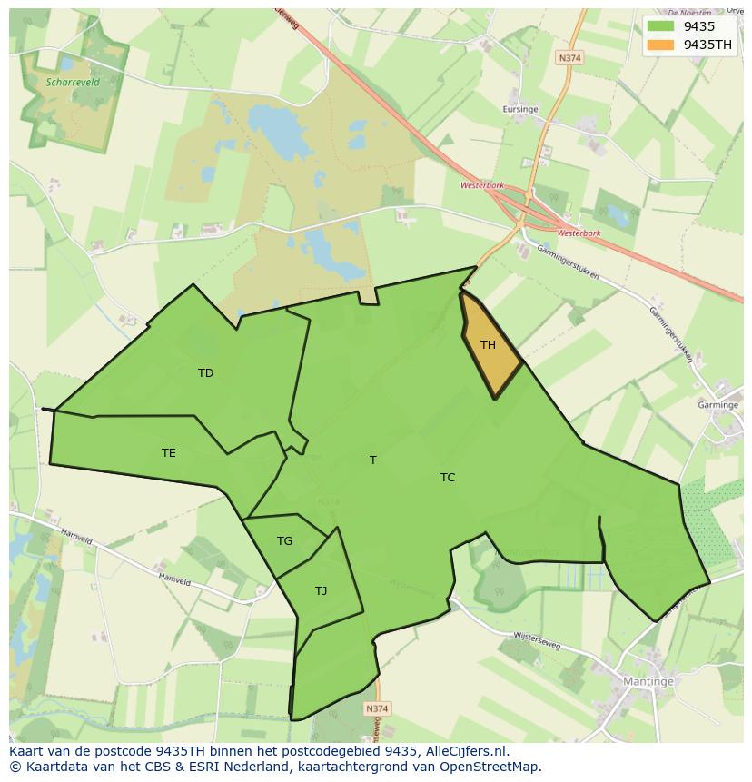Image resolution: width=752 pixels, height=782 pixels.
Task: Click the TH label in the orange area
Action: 488,345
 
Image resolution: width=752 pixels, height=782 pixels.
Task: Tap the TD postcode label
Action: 205,373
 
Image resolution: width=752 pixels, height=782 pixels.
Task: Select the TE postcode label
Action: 169,453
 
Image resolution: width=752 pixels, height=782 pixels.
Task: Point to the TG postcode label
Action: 284,541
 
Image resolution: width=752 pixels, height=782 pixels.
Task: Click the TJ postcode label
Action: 321,591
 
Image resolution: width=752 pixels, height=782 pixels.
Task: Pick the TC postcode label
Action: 448,478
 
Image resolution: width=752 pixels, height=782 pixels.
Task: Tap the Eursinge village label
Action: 520,109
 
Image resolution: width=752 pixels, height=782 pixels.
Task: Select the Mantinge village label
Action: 648,681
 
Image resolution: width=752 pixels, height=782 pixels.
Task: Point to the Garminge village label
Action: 717,405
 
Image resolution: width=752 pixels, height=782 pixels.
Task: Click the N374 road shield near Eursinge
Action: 569,57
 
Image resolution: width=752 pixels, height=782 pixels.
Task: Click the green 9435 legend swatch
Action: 661,26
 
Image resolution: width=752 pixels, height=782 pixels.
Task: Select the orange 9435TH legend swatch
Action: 661,45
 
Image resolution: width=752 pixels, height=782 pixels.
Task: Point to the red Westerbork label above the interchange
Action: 482,185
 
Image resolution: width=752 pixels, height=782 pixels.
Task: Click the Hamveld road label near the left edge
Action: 76,537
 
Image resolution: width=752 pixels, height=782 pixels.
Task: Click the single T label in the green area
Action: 372,460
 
